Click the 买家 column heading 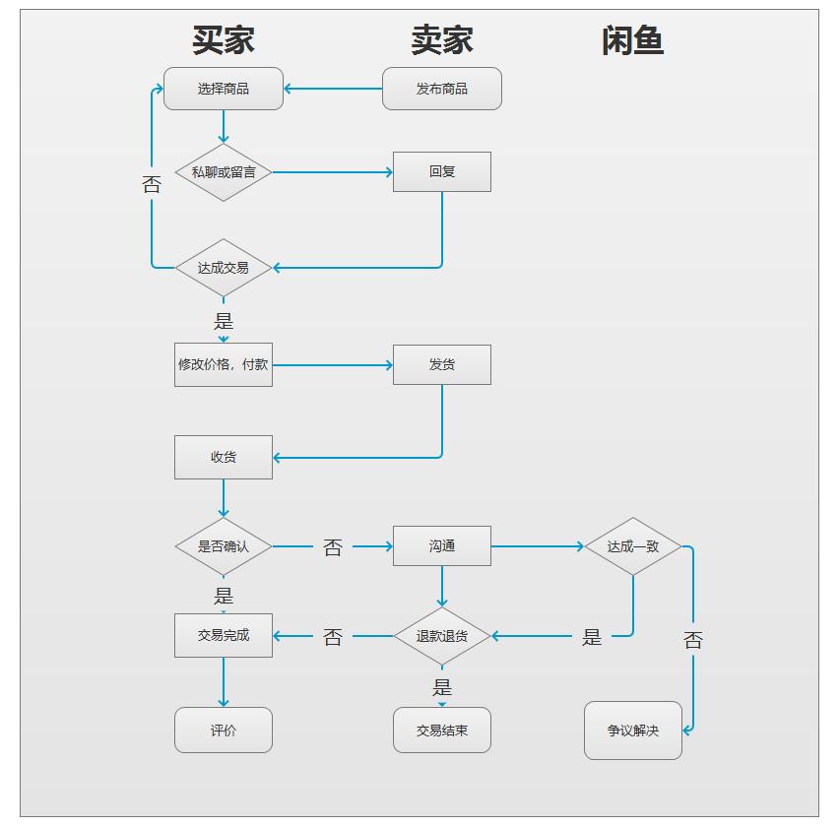(x=224, y=40)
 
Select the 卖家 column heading (x=442, y=40)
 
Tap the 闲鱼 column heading (x=632, y=40)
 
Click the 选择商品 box (x=224, y=89)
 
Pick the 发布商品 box (x=442, y=89)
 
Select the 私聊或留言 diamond (x=224, y=172)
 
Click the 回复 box (x=442, y=171)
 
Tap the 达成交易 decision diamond (x=224, y=268)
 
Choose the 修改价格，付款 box (x=224, y=365)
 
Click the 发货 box (x=442, y=364)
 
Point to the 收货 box (x=224, y=457)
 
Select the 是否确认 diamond (x=224, y=546)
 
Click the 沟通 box (x=442, y=546)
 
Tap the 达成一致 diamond (x=633, y=546)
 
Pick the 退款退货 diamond (x=442, y=636)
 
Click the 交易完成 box (x=224, y=636)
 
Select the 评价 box (x=224, y=731)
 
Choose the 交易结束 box (x=442, y=731)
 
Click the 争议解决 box (x=633, y=731)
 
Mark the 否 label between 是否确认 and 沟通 (x=333, y=547)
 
